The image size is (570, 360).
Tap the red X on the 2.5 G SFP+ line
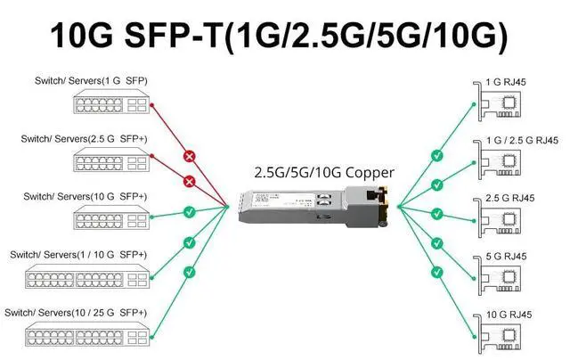click(189, 182)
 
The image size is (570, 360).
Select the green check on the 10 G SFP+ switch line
click(189, 212)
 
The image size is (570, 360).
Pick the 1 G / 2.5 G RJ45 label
click(519, 140)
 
